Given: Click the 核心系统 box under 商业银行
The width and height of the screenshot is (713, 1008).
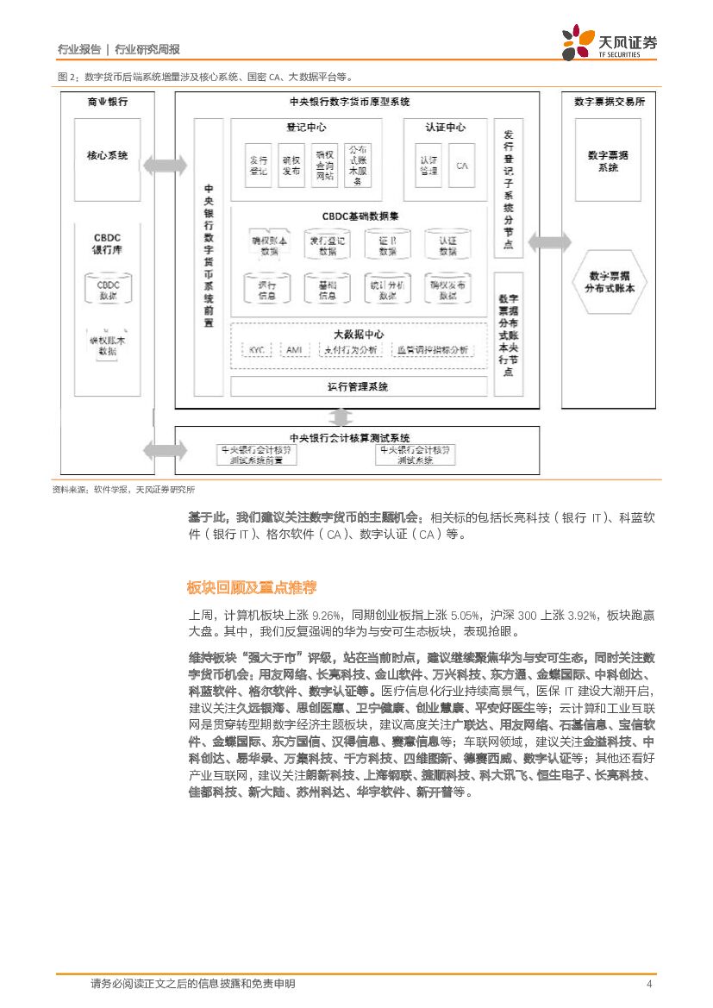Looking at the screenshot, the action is tap(107, 156).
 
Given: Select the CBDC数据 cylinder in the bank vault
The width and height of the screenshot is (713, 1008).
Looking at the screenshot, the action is tap(107, 290).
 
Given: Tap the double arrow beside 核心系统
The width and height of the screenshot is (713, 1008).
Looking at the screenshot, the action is tap(165, 164).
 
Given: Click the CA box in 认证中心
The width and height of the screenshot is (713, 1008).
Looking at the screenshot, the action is tap(462, 165).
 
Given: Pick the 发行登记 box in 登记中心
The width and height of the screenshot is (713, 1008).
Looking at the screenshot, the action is tap(258, 165).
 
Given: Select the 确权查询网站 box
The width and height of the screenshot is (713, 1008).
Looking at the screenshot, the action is tap(324, 165).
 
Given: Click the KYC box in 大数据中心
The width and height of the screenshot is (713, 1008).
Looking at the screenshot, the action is tap(256, 350).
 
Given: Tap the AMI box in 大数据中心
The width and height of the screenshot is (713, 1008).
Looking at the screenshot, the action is tap(293, 350).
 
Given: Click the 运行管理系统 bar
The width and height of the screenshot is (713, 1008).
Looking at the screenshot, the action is tap(358, 386).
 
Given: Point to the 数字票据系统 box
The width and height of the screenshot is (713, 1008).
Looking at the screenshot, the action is tap(608, 160).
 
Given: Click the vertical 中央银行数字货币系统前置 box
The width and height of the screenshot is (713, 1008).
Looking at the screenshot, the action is tap(209, 254).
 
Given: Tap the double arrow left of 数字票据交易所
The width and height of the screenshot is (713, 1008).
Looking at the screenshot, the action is tap(549, 242).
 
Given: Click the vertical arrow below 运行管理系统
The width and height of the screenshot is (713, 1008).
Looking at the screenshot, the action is tap(341, 417).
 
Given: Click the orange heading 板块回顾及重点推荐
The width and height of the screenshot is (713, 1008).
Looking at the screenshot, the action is tap(251, 588).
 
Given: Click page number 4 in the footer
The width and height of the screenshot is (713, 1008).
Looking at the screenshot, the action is tap(649, 984).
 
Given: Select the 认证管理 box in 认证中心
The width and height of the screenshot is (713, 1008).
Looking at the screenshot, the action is tap(428, 165).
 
